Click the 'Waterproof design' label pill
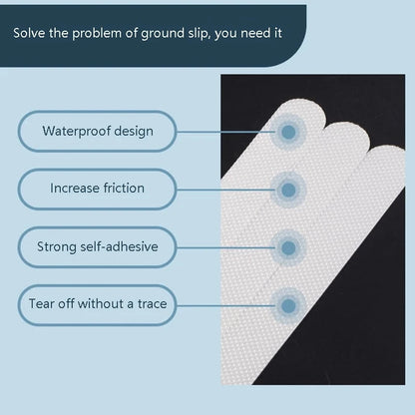coord(97,131)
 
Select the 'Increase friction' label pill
coord(97,189)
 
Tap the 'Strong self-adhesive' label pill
coord(97,245)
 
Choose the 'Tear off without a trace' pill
coord(97,303)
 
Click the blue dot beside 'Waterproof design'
coord(288,131)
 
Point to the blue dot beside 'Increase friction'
coord(288,189)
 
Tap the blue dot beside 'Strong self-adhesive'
coord(288,245)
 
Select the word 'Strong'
coord(58,245)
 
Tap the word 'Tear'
coord(42,303)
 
